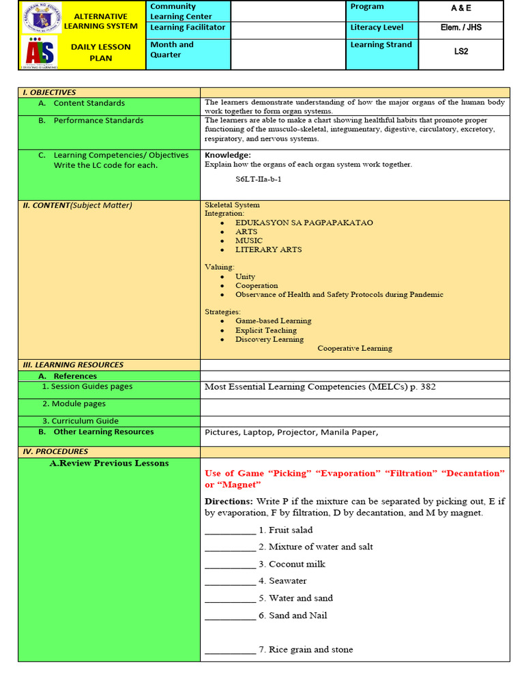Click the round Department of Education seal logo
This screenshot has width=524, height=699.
point(41,18)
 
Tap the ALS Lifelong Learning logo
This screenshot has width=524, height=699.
point(41,53)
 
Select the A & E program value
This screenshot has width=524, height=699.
point(461,8)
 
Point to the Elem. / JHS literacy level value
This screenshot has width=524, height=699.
point(461,28)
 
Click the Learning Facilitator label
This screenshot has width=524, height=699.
point(188,28)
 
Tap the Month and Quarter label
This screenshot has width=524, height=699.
point(172,50)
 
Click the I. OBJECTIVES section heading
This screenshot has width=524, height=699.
point(49,92)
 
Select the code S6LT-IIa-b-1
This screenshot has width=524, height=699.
point(258,179)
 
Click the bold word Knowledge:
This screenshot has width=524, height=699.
point(228,155)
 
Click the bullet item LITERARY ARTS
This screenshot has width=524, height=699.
point(268,250)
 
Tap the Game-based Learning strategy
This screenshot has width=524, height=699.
point(273,321)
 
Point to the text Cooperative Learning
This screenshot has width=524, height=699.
point(355,348)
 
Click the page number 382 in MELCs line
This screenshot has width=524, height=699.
point(428,387)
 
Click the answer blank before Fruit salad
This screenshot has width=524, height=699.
point(230,530)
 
